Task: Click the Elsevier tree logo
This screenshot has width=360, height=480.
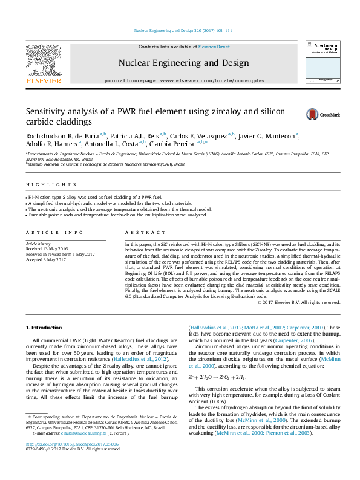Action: (43, 60)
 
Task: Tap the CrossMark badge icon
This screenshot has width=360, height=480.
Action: (296, 114)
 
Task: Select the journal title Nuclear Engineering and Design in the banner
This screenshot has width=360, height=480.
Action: (183, 63)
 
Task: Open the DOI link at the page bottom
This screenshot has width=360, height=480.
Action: (72, 461)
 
